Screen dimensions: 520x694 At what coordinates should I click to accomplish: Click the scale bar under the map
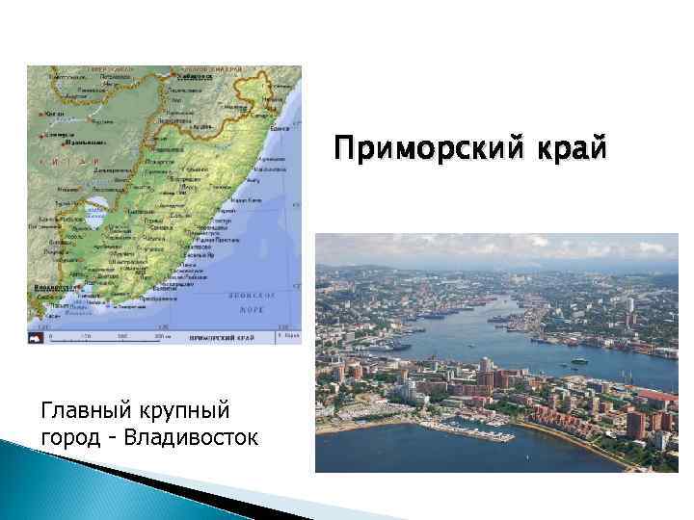coord(106,337)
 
